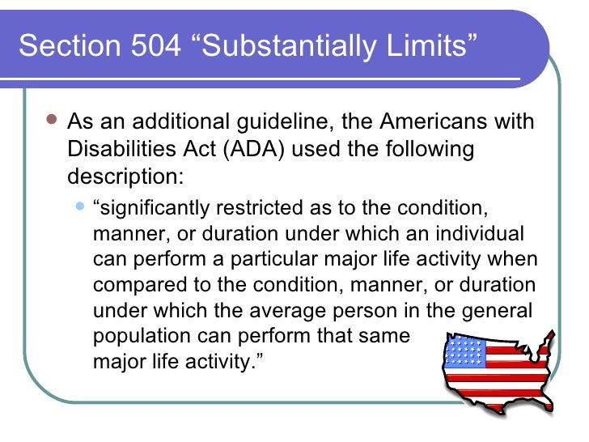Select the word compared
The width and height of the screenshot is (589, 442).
(132, 286)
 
